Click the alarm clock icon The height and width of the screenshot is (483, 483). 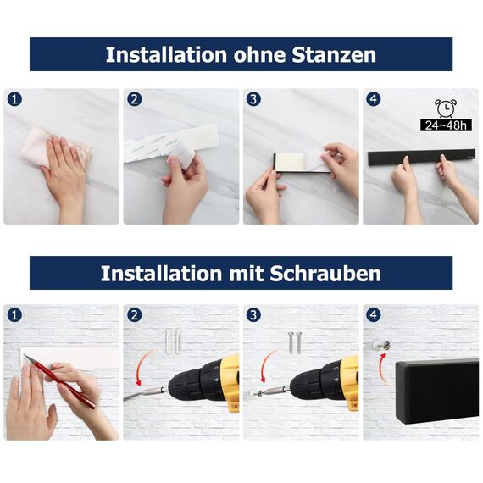click(x=445, y=108)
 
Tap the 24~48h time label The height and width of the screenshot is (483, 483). click(x=446, y=125)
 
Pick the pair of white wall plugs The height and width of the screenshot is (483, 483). click(x=173, y=338)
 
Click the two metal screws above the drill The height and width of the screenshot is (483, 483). click(x=292, y=340)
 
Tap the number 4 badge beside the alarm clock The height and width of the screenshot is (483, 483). click(x=374, y=99)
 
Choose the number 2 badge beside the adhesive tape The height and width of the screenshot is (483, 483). click(x=134, y=99)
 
